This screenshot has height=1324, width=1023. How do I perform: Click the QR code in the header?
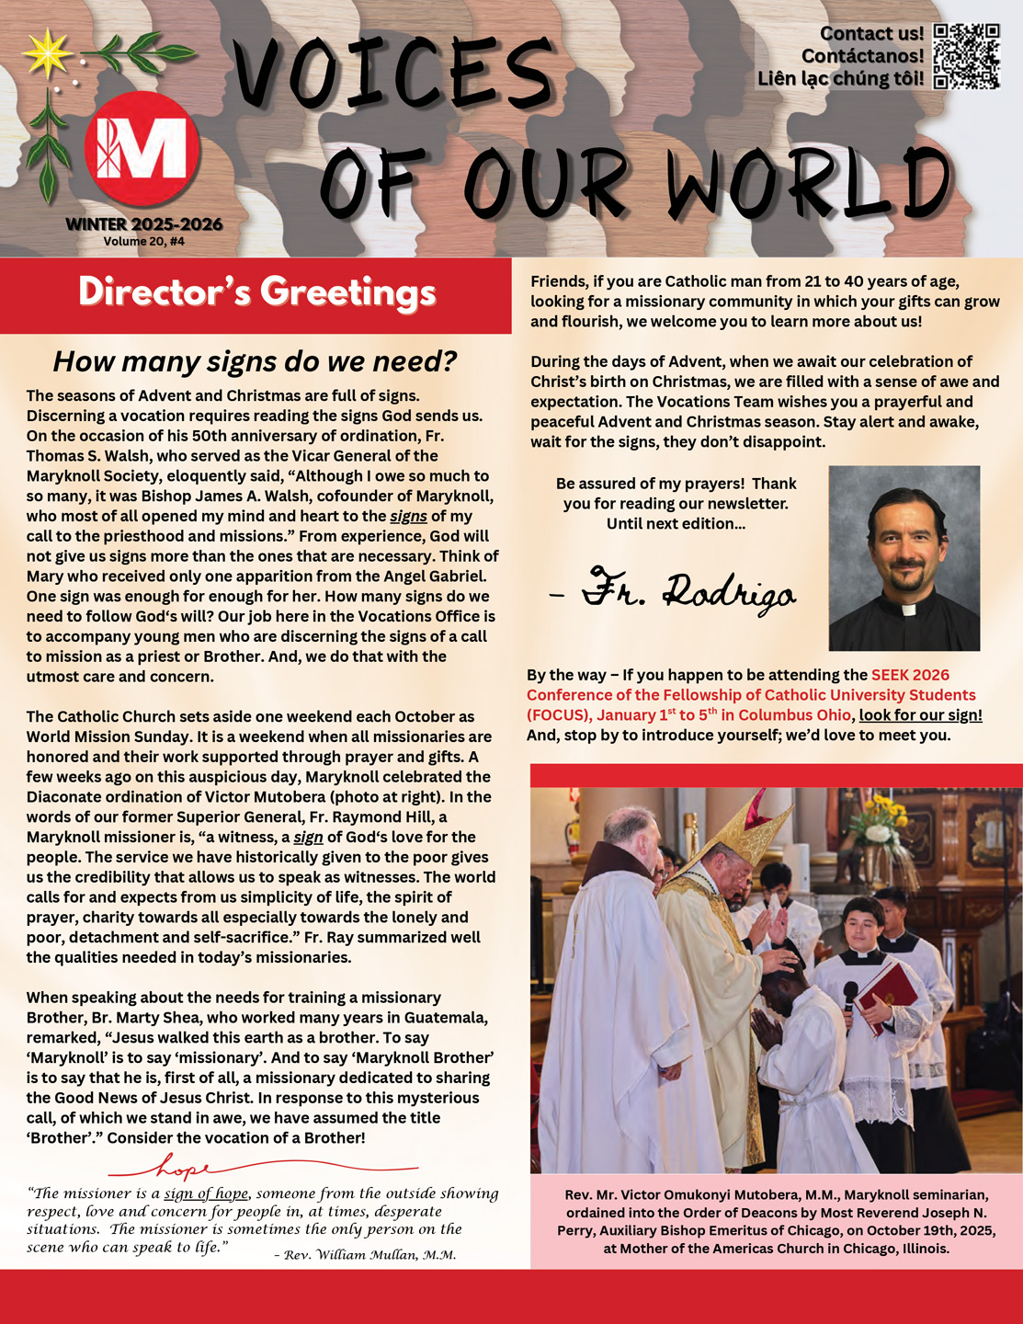tap(966, 56)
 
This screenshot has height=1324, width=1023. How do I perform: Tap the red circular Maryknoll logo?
tap(142, 148)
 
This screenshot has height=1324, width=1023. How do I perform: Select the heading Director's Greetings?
tap(256, 292)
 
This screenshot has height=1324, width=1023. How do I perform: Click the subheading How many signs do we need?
tap(255, 361)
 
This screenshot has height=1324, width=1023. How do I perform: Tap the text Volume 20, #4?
tap(143, 242)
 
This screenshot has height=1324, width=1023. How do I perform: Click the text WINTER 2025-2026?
tap(143, 224)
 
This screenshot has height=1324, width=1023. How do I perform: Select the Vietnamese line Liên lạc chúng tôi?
tap(840, 79)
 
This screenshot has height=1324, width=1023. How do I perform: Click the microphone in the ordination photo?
tap(850, 993)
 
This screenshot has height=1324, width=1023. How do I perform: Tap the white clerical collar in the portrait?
tap(906, 609)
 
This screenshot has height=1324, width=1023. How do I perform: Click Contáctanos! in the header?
tap(862, 56)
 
